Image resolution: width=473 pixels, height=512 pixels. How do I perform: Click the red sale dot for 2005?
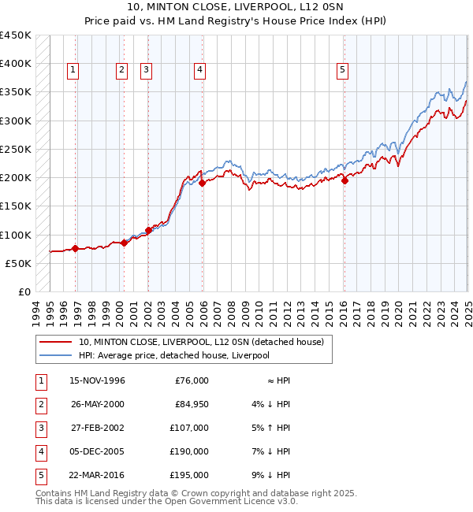pyautogui.click(x=202, y=183)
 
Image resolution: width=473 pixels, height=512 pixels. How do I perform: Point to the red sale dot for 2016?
pyautogui.click(x=345, y=180)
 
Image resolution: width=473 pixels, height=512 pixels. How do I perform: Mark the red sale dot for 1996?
pyautogui.click(x=75, y=248)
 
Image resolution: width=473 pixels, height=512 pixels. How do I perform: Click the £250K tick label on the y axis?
pyautogui.click(x=16, y=149)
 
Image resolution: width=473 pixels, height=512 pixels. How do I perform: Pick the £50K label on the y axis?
pyautogui.click(x=19, y=263)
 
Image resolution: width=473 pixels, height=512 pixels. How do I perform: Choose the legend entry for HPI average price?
pyautogui.click(x=173, y=355)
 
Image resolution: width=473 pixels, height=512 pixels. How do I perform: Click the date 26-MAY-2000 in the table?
pyautogui.click(x=97, y=404)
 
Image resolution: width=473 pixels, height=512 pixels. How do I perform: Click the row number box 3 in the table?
pyautogui.click(x=39, y=428)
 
